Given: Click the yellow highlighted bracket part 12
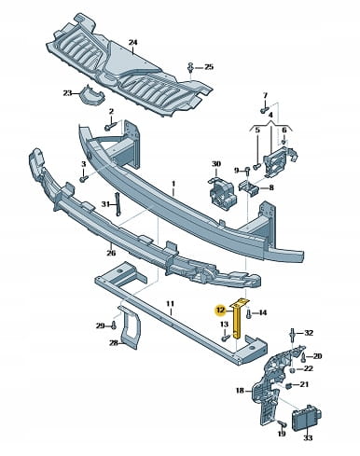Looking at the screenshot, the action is (x=237, y=320).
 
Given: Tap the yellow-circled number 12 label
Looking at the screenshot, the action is (x=220, y=310).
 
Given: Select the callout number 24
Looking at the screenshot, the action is (x=132, y=42).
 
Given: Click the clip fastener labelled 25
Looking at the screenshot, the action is (x=190, y=67).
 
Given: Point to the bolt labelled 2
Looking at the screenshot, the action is (x=110, y=126).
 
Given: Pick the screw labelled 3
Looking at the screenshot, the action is (x=84, y=179).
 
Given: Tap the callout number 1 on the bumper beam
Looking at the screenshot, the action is (x=173, y=184).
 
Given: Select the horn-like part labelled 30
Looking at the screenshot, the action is (x=221, y=191).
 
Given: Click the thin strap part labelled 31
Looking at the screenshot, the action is (x=118, y=204).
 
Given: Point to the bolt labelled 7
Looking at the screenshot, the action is (x=264, y=110).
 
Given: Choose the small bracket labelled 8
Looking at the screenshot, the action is (x=249, y=188).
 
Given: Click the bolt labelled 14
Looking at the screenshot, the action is (x=248, y=313).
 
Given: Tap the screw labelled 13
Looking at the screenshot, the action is (x=225, y=337).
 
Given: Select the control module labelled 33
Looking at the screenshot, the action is (x=306, y=418).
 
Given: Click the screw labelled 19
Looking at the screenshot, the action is (x=283, y=423).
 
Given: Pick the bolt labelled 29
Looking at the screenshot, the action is (x=114, y=325).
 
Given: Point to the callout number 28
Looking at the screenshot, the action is (x=114, y=343).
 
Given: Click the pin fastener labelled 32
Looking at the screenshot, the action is (x=293, y=334).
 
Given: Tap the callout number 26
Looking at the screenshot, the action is (x=111, y=253).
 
